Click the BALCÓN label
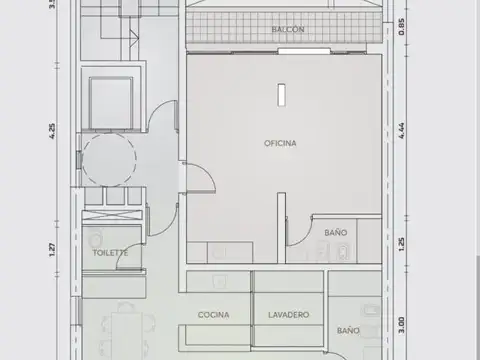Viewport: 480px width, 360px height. coord(288,31)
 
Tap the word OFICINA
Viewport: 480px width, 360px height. coord(280,143)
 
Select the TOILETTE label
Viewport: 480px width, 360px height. coord(110,253)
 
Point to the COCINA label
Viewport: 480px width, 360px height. coord(213,315)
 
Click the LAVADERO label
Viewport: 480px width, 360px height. coord(288,315)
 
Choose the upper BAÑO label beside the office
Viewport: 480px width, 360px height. coord(335,233)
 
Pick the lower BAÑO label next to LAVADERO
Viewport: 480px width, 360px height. coord(348,330)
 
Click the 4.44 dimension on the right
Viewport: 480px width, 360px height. coord(400,143)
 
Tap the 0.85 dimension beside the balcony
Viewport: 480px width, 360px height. coord(400,28)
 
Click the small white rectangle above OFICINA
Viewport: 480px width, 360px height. coord(281,95)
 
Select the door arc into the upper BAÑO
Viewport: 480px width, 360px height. coord(297,233)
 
